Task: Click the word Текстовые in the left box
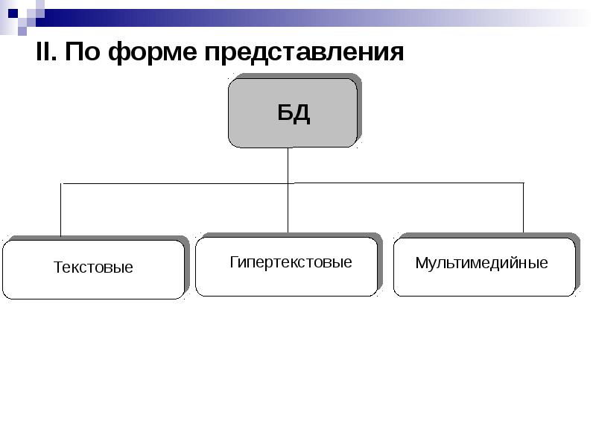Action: [93, 267]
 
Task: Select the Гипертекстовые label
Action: [291, 262]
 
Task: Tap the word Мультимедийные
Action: [481, 263]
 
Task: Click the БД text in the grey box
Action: [294, 113]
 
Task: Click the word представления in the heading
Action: [304, 52]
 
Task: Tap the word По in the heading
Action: [83, 51]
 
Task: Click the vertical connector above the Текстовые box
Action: [61, 210]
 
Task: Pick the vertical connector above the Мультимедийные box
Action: [524, 208]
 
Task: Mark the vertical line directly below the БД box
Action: [288, 165]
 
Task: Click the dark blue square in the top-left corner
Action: [13, 13]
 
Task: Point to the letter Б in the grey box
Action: [285, 112]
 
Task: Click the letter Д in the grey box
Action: [302, 114]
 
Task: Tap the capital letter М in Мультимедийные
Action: [421, 263]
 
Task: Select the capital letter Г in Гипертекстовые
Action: [234, 262]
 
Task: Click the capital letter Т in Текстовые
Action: [58, 267]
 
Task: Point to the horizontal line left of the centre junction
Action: [174, 183]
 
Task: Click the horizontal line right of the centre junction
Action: [405, 183]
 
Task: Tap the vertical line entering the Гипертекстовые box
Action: [288, 208]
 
